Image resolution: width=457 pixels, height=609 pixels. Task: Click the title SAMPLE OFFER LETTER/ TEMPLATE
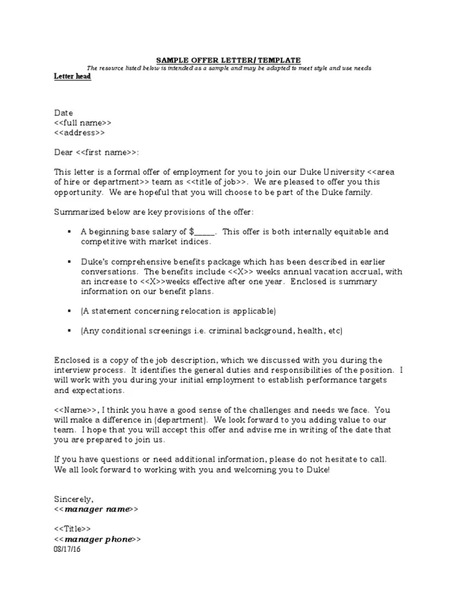[228, 60]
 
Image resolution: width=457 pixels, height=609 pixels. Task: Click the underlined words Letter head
[73, 77]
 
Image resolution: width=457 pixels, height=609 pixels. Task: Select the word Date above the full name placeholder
[64, 112]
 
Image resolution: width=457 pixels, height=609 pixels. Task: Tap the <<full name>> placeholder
[82, 123]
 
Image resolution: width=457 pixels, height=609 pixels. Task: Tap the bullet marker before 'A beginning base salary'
[70, 231]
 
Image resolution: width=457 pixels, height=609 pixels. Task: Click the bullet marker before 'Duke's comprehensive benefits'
[70, 261]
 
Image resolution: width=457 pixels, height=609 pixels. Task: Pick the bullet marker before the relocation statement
[70, 310]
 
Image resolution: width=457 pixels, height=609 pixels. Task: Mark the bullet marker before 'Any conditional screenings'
[70, 330]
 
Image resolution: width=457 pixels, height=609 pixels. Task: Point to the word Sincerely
[74, 499]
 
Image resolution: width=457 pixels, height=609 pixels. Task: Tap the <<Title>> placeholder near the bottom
[72, 529]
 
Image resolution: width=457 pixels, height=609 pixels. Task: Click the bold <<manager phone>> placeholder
[98, 539]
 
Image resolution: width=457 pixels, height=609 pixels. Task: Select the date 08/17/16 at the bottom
[67, 550]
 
